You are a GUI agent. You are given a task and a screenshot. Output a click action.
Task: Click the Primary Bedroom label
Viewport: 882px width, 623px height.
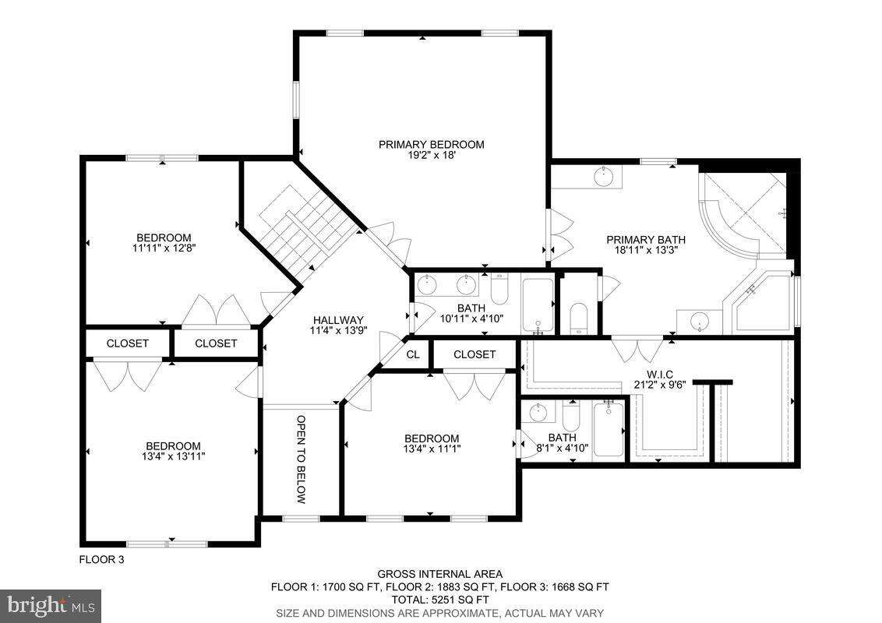431,144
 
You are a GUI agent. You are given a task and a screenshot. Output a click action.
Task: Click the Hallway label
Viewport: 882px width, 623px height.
338,320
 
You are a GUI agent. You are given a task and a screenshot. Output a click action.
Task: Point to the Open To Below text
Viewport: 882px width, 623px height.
302,459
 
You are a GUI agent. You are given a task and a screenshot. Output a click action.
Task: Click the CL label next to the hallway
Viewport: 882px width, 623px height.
413,354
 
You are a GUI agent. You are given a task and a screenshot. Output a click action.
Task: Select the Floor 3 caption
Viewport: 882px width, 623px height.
101,559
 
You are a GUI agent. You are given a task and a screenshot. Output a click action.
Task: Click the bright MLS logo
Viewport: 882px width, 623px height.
51,604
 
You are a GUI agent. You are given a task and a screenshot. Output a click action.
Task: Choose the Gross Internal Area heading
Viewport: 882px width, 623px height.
439,574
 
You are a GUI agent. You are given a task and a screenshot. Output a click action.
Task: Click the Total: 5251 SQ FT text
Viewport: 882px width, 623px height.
439,600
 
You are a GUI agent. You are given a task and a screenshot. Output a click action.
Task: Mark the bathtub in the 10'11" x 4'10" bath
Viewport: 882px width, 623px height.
537,304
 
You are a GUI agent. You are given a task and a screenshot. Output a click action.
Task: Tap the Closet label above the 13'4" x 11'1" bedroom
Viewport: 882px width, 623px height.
475,354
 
